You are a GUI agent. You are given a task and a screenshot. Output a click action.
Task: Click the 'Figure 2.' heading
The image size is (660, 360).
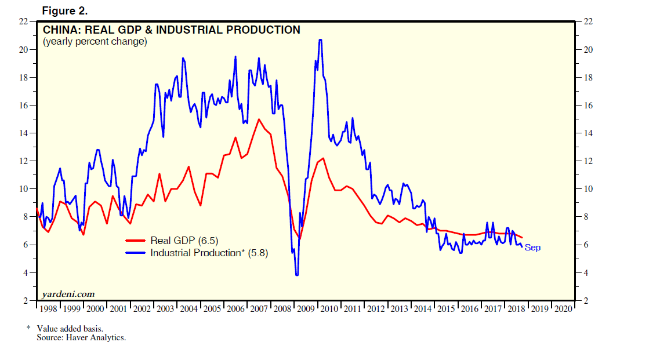pyautogui.click(x=65, y=11)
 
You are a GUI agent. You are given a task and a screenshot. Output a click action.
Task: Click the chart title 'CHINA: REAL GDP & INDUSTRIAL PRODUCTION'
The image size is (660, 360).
pyautogui.click(x=171, y=30)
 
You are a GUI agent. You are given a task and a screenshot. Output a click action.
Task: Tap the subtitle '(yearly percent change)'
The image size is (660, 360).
pyautogui.click(x=95, y=42)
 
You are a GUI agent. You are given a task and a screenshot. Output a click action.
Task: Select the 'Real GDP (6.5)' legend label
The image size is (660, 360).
pyautogui.click(x=184, y=241)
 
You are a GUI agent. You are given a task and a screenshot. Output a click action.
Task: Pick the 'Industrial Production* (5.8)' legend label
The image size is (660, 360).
pyautogui.click(x=209, y=253)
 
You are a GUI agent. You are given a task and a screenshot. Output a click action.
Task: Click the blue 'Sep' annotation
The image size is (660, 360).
pyautogui.click(x=532, y=248)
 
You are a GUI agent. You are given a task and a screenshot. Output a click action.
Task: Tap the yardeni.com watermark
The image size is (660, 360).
pyautogui.click(x=68, y=294)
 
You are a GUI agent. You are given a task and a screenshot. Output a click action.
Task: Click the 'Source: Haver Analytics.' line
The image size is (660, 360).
pyautogui.click(x=81, y=337)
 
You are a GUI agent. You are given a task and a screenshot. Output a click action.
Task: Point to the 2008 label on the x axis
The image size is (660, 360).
pyautogui.click(x=282, y=309)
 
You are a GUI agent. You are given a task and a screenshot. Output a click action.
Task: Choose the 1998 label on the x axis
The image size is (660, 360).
pyautogui.click(x=48, y=309)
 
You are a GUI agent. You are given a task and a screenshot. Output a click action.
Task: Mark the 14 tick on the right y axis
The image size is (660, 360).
pyautogui.click(x=588, y=133)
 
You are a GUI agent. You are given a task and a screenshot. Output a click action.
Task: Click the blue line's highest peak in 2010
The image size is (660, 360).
pyautogui.click(x=320, y=40)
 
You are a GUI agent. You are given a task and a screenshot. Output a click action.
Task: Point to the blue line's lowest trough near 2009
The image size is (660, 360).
pyautogui.click(x=297, y=274)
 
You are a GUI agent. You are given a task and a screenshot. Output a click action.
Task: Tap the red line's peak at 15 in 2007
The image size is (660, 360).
pyautogui.click(x=259, y=119)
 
